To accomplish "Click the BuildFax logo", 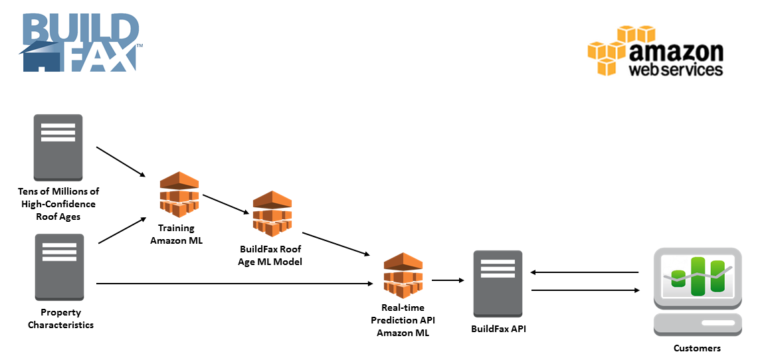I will (80, 43).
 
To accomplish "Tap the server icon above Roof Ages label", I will (58, 147).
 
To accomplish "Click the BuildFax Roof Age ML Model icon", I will (272, 214).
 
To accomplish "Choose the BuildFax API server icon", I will (498, 284).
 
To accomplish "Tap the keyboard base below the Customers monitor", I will (698, 325).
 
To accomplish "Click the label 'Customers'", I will (697, 348).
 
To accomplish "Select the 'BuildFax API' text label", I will (498, 328).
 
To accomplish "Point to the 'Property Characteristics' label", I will (60, 319).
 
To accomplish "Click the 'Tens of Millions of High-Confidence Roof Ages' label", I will (58, 204).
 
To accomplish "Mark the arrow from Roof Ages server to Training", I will (120, 161).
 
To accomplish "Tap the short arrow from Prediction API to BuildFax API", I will (448, 280).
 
